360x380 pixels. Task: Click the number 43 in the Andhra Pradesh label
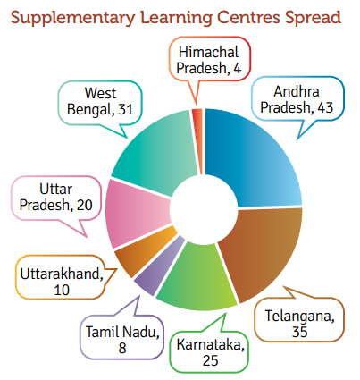[325, 107]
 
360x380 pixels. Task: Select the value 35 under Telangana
[299, 332]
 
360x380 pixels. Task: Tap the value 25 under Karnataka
[211, 360]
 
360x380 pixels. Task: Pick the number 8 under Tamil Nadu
[122, 348]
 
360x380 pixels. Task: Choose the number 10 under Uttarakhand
[62, 290]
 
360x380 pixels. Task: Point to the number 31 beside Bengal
[126, 110]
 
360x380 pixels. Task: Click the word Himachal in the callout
[209, 52]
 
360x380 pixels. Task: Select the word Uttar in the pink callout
[56, 189]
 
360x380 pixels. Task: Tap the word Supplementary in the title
[72, 18]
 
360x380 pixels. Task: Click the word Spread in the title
[313, 18]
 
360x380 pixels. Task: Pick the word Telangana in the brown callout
[299, 317]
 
